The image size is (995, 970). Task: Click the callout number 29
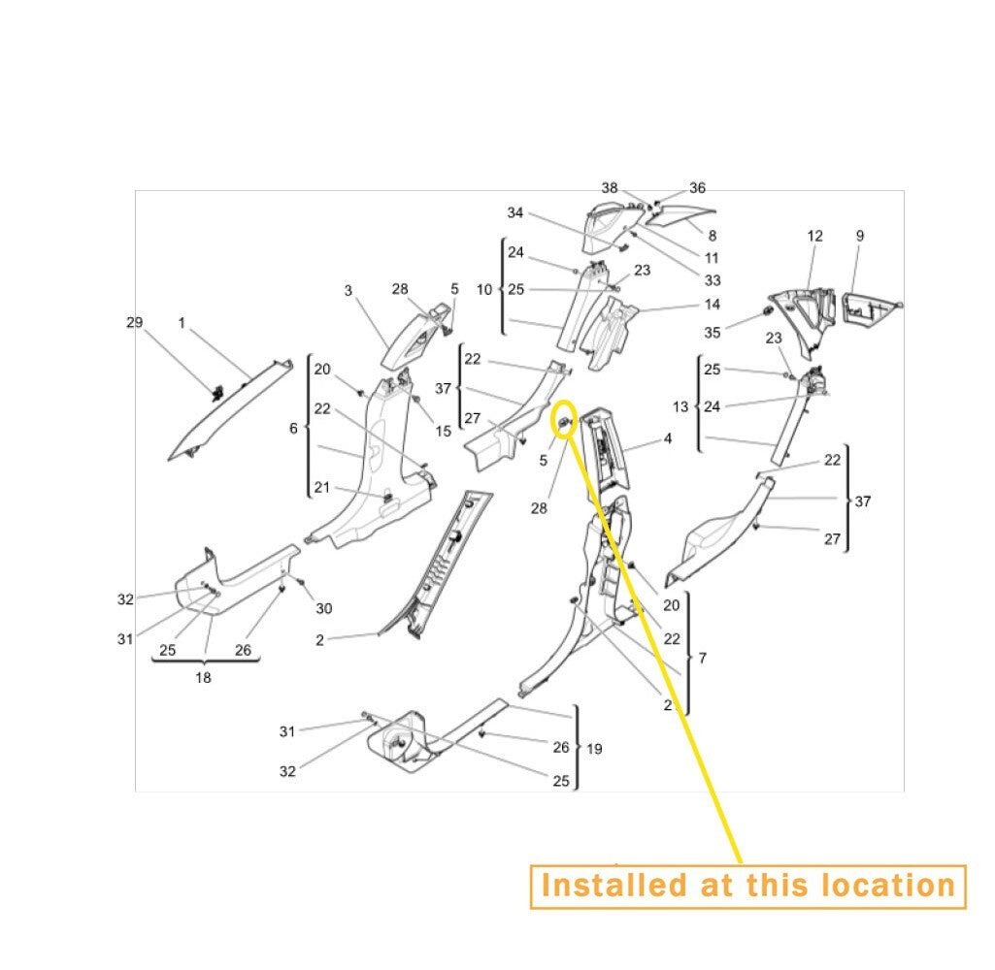(x=135, y=323)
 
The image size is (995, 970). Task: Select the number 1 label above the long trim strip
(x=182, y=323)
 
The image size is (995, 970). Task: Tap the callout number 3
(x=348, y=291)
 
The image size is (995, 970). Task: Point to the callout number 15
(x=443, y=432)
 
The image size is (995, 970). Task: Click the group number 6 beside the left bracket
(x=293, y=429)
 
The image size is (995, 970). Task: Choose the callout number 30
(x=323, y=608)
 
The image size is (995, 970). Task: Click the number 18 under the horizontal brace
(x=203, y=678)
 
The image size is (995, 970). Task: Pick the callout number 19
(x=594, y=750)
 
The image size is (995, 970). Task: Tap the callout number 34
(x=515, y=213)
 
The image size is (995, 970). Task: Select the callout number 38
(x=610, y=187)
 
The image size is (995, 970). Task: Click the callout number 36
(x=697, y=187)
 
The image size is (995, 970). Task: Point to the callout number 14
(x=713, y=305)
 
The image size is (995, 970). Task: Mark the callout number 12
(x=814, y=236)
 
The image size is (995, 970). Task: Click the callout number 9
(x=860, y=236)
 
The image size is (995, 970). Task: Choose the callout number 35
(x=713, y=333)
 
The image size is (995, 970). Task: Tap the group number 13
(x=680, y=407)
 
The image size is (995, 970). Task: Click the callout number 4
(x=668, y=438)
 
